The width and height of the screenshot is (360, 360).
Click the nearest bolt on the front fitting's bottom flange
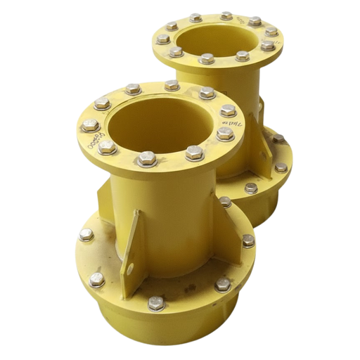coord(157,303)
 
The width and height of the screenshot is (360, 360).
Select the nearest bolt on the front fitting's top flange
coord(146,158)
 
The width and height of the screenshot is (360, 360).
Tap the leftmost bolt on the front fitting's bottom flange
coord(86,235)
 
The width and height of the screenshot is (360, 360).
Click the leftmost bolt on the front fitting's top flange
coord(89,126)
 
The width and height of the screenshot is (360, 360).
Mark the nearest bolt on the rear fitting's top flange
coord(206,58)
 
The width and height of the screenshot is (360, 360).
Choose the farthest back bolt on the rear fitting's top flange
coord(226,15)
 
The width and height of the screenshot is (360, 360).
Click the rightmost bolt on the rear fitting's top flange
coord(271,32)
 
